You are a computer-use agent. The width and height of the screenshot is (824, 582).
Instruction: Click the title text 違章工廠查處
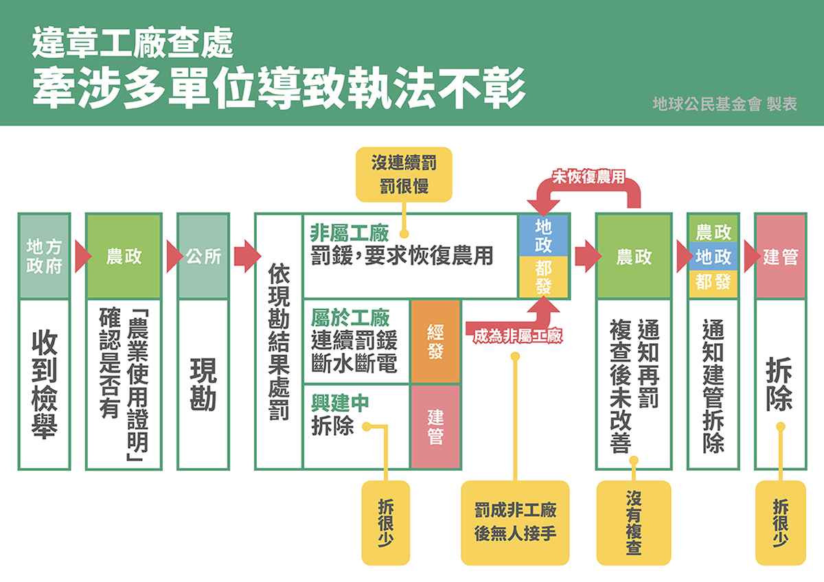pos(133,45)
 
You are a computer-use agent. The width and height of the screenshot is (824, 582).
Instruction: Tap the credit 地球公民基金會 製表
pos(724,105)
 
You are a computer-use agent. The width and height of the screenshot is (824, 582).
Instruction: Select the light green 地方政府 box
pos(44,256)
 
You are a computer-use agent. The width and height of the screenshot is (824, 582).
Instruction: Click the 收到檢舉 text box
pos(44,384)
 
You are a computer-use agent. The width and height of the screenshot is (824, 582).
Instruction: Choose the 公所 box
pos(203,256)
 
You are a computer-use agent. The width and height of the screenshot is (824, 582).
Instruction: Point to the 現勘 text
pos(203,384)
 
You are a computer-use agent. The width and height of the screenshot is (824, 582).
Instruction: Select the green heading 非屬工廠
pos(350,231)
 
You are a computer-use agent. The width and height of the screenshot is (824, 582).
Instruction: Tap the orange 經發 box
pos(435,341)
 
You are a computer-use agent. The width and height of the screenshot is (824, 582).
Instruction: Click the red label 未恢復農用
pos(589,176)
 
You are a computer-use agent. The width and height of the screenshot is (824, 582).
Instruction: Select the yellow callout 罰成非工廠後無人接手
pos(515,522)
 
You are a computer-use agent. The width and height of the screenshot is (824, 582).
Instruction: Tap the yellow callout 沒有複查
pos(633,522)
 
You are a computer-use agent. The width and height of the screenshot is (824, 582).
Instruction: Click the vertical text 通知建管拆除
pos(713,384)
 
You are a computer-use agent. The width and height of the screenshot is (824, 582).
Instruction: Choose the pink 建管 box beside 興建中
pos(435,426)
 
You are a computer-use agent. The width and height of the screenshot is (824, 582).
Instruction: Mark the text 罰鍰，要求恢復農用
pos(402,255)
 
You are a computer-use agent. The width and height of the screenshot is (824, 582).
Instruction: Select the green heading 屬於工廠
pos(350,318)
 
